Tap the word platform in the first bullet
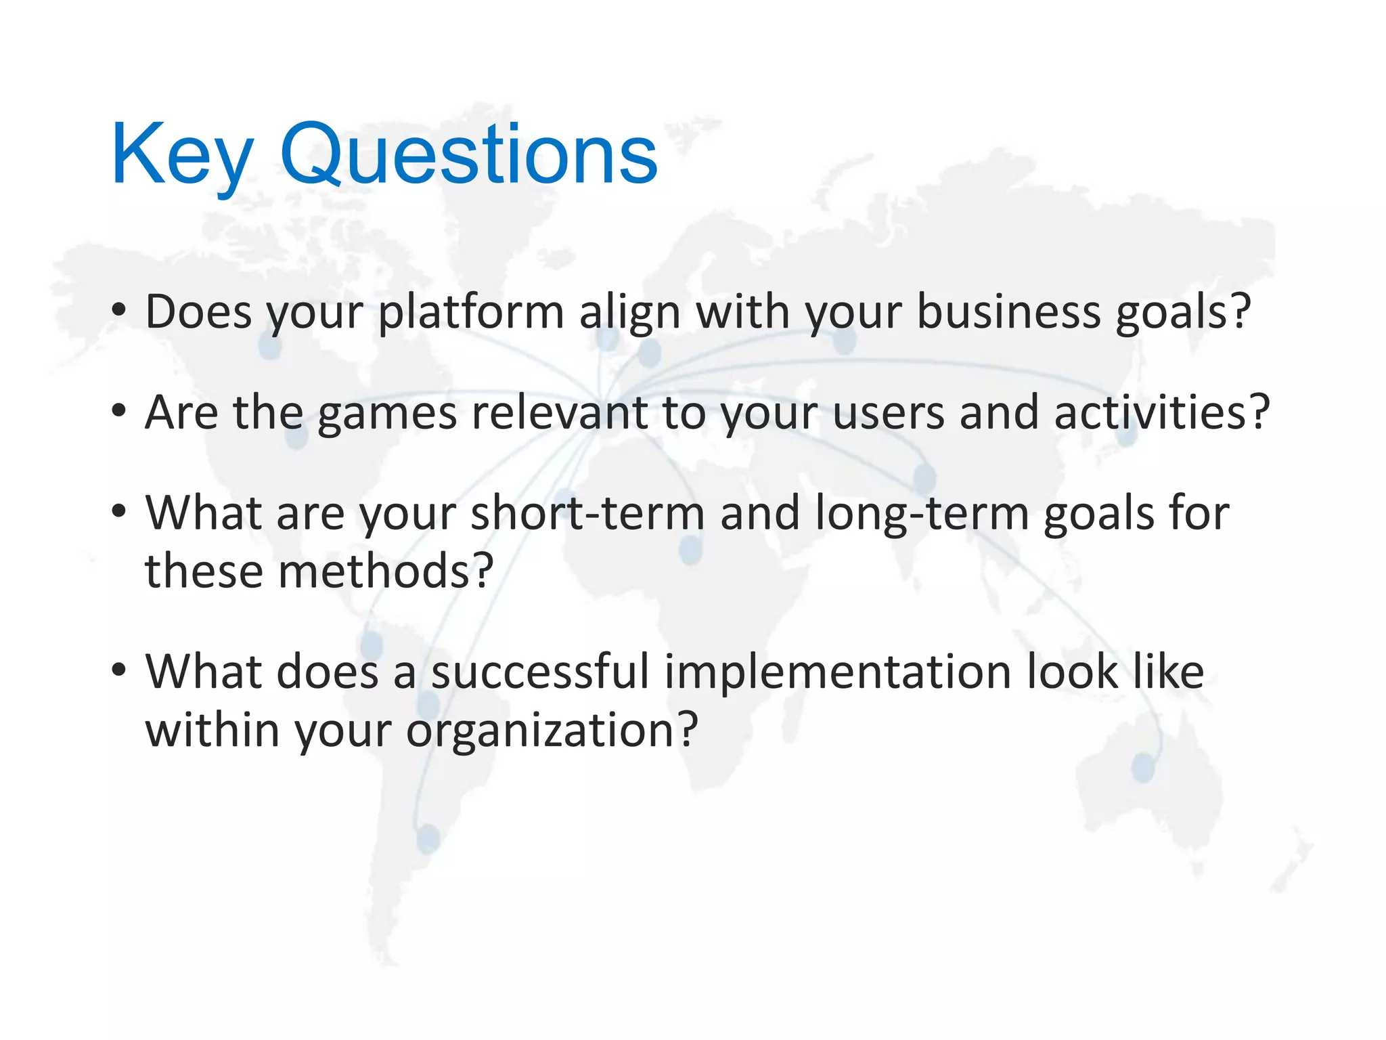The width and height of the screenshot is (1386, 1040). pyautogui.click(x=471, y=313)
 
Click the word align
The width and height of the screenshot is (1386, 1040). pyautogui.click(x=629, y=313)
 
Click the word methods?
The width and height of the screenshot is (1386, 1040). pyautogui.click(x=386, y=571)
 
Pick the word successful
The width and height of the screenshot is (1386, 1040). pyautogui.click(x=540, y=672)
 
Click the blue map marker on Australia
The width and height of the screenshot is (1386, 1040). pyautogui.click(x=1143, y=768)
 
